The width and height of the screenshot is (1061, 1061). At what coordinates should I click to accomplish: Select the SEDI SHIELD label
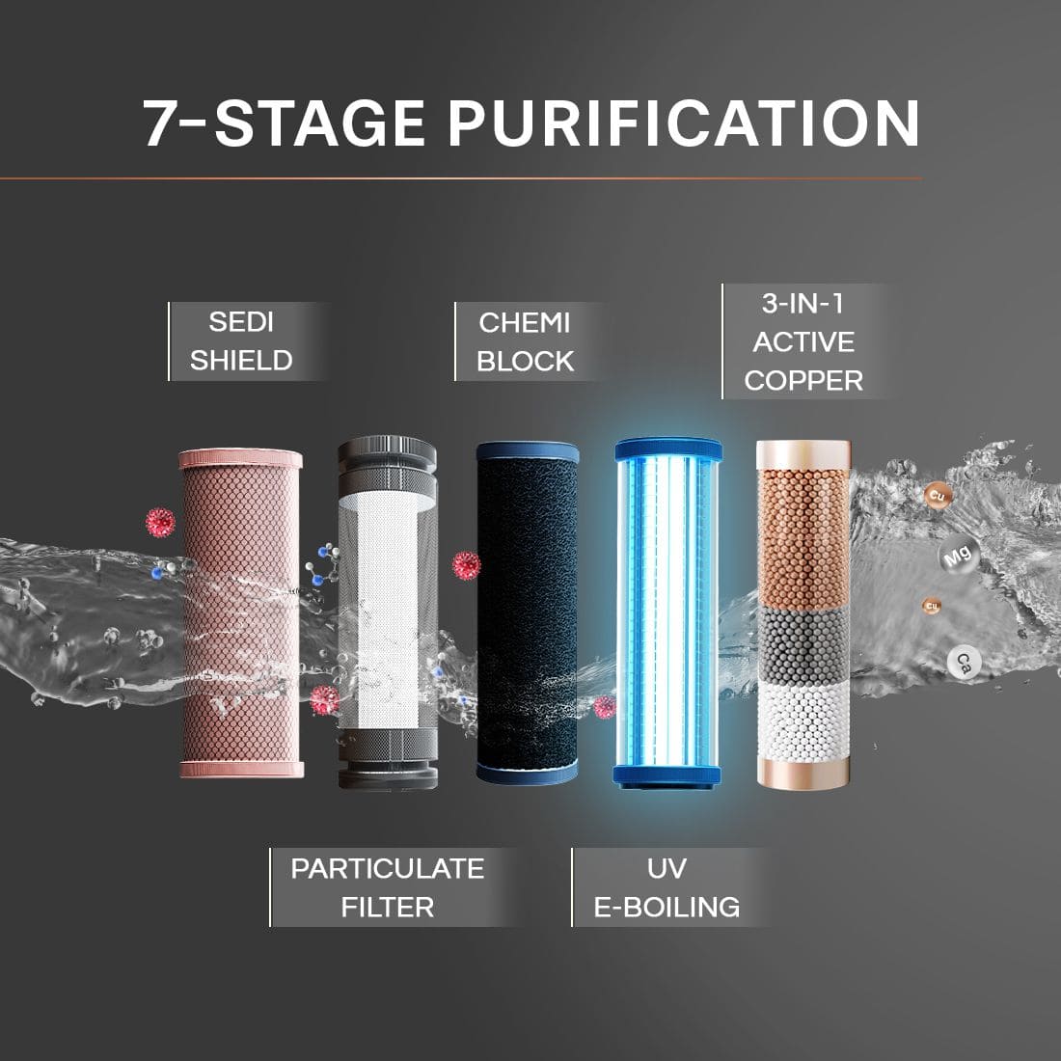(x=241, y=341)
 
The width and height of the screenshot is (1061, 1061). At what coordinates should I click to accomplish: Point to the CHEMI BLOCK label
(x=526, y=341)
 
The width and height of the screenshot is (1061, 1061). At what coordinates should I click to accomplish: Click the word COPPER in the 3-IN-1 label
(x=803, y=380)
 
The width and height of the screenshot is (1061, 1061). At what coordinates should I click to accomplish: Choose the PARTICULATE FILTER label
(x=387, y=887)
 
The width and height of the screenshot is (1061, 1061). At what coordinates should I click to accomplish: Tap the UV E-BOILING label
(x=667, y=887)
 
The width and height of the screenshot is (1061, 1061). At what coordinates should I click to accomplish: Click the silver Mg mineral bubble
(x=955, y=557)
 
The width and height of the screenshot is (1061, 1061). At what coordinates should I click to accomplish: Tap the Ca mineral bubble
(x=963, y=662)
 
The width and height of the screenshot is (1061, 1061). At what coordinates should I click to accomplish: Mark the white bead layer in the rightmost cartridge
(x=803, y=719)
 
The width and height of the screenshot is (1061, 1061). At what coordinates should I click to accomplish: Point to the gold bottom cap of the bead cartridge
(x=803, y=772)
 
